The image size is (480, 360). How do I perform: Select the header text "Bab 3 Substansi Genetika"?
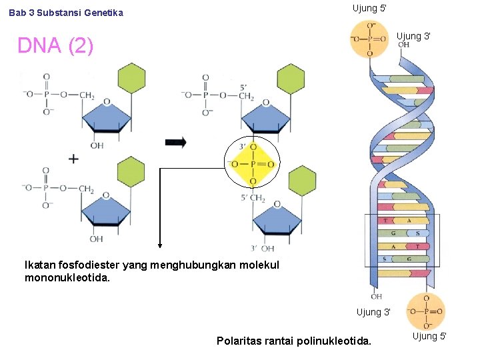pyautogui.click(x=66, y=13)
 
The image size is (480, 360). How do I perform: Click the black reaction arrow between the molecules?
pyautogui.click(x=176, y=143)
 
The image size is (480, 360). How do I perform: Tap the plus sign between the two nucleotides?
pyautogui.click(x=73, y=159)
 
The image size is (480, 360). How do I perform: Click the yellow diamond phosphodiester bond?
pyautogui.click(x=253, y=164)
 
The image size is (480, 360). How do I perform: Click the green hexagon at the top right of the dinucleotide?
pyautogui.click(x=291, y=79)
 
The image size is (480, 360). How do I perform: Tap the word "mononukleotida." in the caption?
pyautogui.click(x=67, y=277)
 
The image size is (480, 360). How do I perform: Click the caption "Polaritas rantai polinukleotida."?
pyautogui.click(x=294, y=341)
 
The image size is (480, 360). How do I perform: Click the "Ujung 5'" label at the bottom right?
pyautogui.click(x=430, y=336)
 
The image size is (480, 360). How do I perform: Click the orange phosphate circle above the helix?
pyautogui.click(x=369, y=39)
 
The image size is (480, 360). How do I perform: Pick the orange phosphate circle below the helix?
pyautogui.click(x=425, y=311)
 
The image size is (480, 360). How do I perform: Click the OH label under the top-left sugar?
pyautogui.click(x=97, y=145)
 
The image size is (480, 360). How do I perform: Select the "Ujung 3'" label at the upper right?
pyautogui.click(x=414, y=36)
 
